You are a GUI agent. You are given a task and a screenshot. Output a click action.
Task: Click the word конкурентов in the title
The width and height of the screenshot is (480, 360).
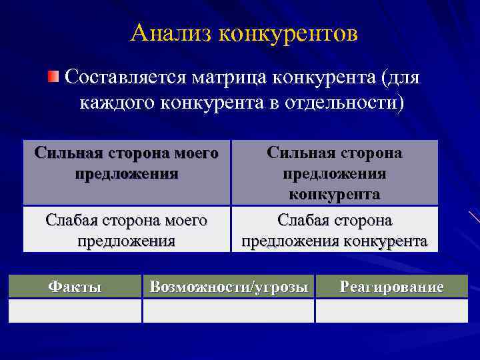[287, 33]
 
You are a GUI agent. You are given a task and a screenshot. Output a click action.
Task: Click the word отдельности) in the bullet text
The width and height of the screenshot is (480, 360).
[344, 103]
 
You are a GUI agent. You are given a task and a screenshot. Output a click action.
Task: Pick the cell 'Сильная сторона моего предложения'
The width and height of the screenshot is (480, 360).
[127, 171]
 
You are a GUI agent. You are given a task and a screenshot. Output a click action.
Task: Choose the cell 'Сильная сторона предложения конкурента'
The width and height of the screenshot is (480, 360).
[335, 173]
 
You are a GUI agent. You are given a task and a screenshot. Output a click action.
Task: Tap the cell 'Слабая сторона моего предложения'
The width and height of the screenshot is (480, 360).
[127, 229]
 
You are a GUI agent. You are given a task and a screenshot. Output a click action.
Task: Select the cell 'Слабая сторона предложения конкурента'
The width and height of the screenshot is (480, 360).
[335, 229]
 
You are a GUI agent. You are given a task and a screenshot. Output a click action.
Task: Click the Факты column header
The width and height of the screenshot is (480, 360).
[75, 287]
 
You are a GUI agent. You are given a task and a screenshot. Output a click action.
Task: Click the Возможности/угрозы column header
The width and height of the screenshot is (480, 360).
[229, 287]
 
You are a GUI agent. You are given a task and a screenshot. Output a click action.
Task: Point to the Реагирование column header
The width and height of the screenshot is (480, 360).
[391, 287]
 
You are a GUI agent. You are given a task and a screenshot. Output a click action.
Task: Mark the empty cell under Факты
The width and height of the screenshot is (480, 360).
[75, 311]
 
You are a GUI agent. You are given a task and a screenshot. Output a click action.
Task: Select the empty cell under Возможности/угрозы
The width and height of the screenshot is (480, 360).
[229, 311]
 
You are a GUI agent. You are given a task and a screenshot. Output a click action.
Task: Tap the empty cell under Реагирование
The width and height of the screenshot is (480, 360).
[391, 311]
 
